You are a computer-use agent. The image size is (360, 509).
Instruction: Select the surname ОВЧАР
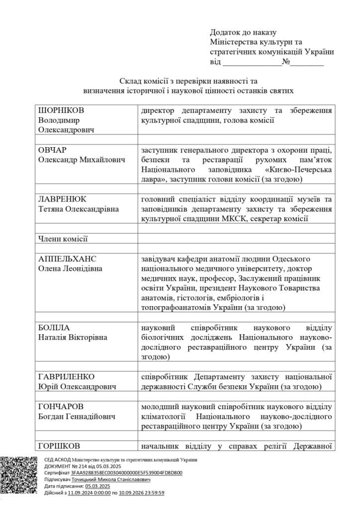[x=53, y=150]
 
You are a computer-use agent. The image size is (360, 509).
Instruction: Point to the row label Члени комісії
[x=63, y=239]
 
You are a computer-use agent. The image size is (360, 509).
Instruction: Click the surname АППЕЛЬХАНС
[x=67, y=259]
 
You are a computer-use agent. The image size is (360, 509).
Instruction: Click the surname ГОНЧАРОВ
[x=61, y=407]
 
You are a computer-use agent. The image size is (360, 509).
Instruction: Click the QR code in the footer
[x=21, y=476]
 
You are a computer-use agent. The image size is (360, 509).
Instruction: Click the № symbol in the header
[x=286, y=62]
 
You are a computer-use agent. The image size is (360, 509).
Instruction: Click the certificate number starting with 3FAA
[x=126, y=473]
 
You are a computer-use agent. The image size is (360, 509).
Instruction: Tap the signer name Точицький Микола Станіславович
[x=110, y=480]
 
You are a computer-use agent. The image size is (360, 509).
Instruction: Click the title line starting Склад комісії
[x=188, y=80]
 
